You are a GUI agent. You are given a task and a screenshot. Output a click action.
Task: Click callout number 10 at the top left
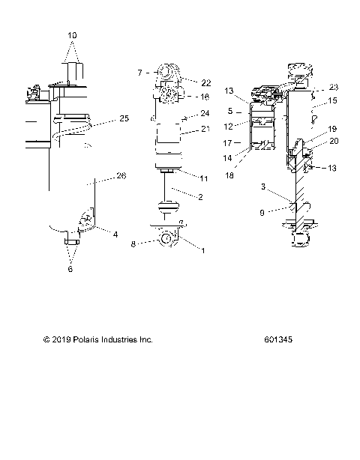pyautogui.click(x=72, y=35)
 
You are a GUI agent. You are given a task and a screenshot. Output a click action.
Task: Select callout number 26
pyautogui.click(x=121, y=176)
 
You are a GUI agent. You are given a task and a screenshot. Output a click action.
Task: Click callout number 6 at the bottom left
pyautogui.click(x=71, y=269)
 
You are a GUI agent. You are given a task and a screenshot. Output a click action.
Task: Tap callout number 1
pyautogui.click(x=202, y=251)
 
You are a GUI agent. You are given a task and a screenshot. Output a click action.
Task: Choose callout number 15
pyautogui.click(x=333, y=100)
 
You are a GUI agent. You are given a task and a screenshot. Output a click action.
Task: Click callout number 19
pyautogui.click(x=333, y=128)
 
